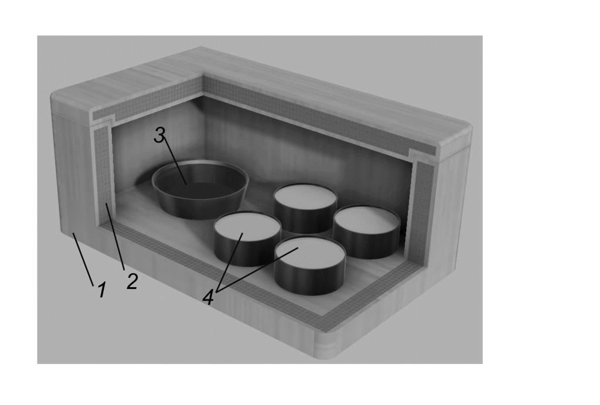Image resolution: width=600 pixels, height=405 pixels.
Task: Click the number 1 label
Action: click(102, 290)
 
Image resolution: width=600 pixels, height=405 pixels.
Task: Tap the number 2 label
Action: click(132, 281)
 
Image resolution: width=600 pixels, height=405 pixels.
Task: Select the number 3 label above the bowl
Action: click(160, 135)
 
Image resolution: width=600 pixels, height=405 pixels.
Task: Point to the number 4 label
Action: click(208, 297)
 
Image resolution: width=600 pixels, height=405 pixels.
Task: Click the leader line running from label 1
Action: click(83, 260)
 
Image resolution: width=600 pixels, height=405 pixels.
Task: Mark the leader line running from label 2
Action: click(115, 236)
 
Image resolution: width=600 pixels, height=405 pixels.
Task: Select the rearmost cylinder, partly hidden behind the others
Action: click(305, 207)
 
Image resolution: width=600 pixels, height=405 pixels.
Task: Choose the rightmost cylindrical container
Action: click(367, 231)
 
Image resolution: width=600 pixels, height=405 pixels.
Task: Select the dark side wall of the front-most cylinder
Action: click(310, 280)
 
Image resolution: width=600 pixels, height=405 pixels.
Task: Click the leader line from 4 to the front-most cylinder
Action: click(257, 270)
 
